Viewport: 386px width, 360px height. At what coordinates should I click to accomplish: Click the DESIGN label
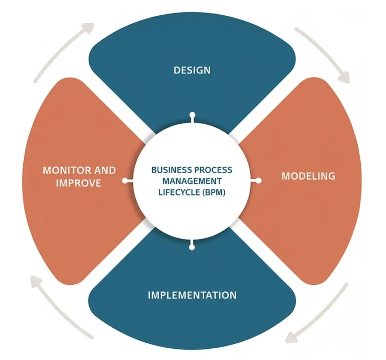coord(192,70)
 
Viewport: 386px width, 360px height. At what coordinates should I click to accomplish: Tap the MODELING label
coord(308,176)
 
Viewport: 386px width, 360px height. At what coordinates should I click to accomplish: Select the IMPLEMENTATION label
coord(192,294)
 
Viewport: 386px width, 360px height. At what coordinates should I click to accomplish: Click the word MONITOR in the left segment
coord(66,170)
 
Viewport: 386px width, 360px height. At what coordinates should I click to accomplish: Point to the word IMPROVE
coord(79,183)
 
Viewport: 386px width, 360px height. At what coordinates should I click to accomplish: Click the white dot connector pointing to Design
coord(192,114)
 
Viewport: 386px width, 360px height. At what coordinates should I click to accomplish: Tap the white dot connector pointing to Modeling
coord(259,181)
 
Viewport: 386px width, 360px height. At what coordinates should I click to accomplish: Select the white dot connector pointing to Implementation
coord(192,247)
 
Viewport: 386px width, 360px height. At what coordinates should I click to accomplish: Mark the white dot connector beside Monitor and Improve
coord(125,181)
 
